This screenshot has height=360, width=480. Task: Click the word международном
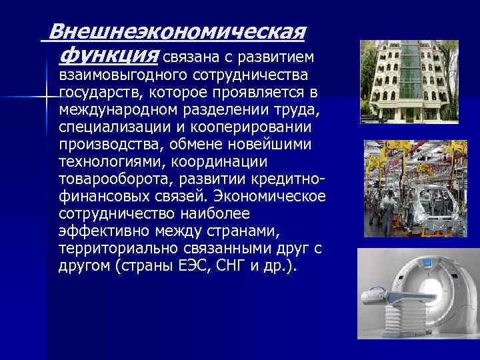(x=117, y=108)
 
